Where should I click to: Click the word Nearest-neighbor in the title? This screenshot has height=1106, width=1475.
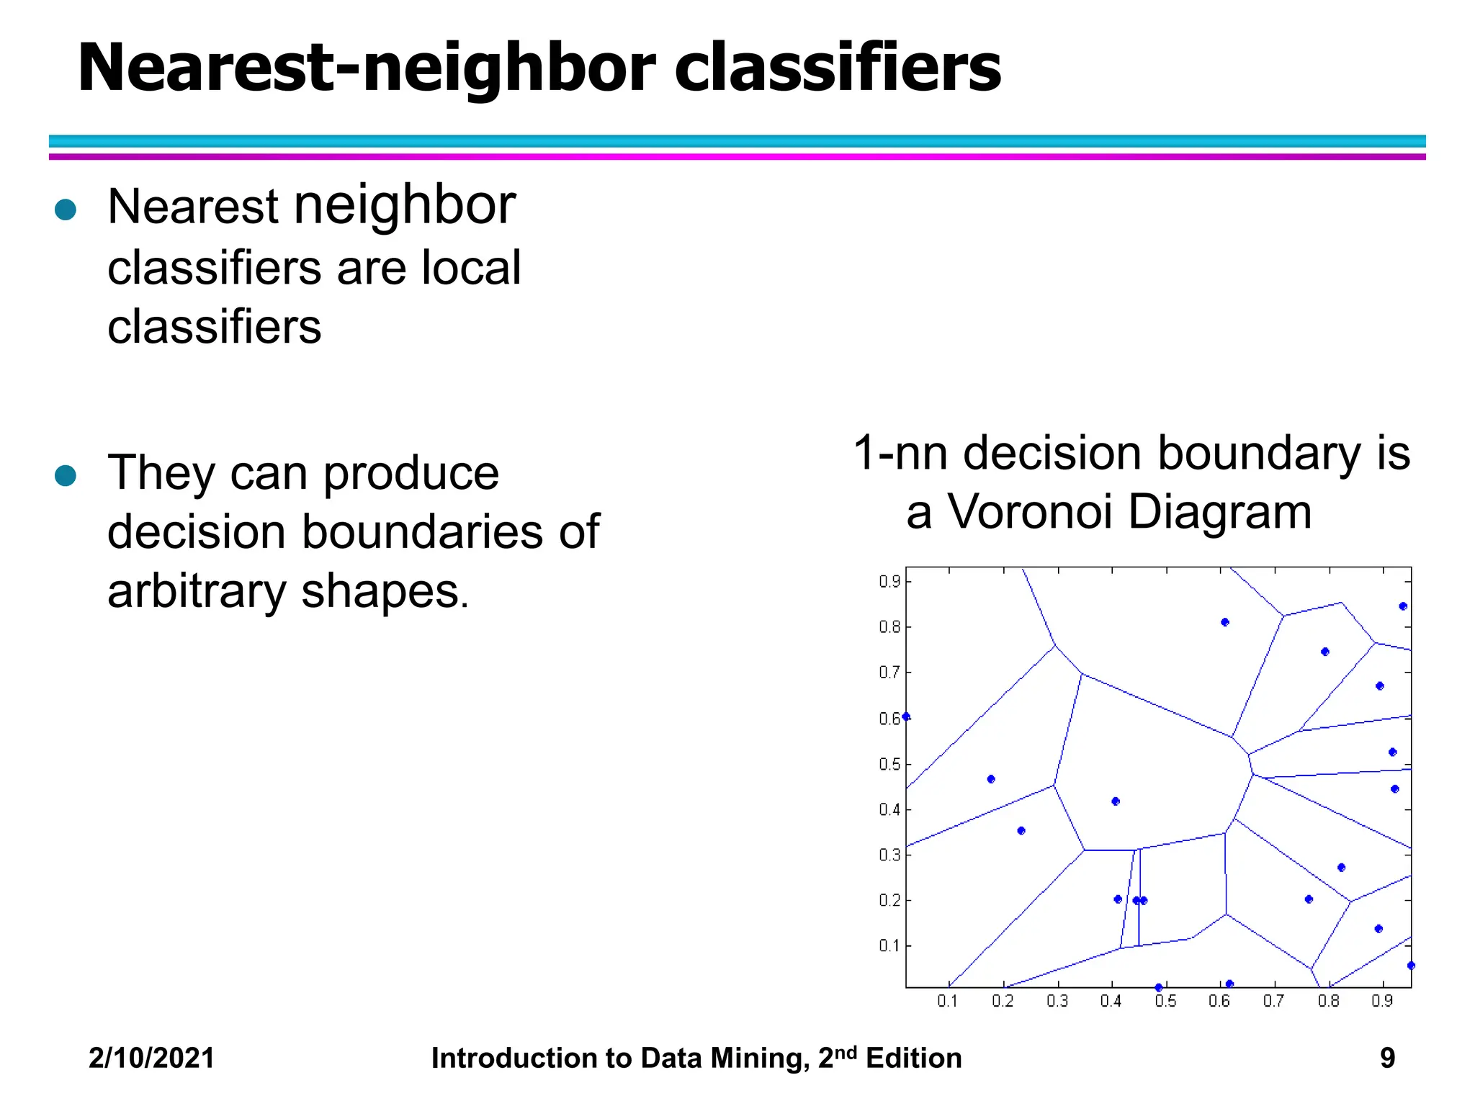[366, 70]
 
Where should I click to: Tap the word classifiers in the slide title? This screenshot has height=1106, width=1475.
[837, 68]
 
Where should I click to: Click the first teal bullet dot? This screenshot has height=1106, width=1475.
[66, 210]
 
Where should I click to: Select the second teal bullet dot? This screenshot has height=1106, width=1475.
[66, 475]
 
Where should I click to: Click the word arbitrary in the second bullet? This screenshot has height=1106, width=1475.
[197, 592]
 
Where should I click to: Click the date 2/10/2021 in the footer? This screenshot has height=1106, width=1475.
[151, 1058]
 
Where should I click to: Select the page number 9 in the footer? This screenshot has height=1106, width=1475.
[1387, 1058]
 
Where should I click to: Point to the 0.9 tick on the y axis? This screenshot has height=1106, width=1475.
[889, 582]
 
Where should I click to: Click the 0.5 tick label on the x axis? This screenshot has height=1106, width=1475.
[1165, 1002]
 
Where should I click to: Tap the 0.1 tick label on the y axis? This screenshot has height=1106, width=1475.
[889, 945]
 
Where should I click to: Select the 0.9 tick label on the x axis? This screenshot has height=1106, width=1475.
[1382, 1002]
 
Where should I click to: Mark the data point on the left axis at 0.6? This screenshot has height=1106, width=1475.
[907, 716]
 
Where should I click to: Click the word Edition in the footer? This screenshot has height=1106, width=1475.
[913, 1058]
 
